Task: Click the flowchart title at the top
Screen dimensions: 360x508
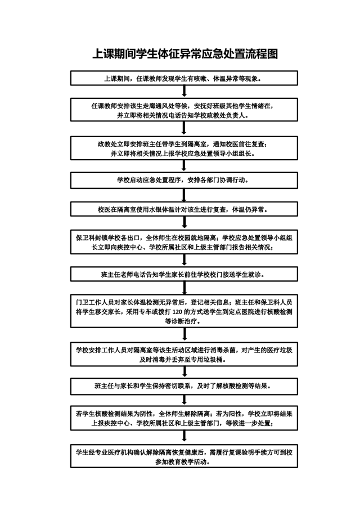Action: [x=185, y=54]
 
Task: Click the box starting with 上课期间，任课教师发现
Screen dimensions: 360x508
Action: [x=184, y=78]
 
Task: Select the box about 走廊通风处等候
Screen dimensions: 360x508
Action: [x=184, y=110]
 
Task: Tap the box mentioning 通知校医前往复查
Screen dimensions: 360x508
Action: [x=184, y=148]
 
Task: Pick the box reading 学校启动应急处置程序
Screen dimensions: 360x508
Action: [x=184, y=180]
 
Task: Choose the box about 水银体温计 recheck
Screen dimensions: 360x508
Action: [x=184, y=209]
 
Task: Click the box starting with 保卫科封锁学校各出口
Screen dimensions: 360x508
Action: [x=184, y=242]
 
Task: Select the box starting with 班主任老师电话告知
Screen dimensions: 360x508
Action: [x=184, y=274]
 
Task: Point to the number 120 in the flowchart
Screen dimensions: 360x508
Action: [x=177, y=312]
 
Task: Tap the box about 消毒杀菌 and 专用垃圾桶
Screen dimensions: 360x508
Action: [x=184, y=354]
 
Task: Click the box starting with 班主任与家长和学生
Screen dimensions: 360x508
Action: [x=184, y=386]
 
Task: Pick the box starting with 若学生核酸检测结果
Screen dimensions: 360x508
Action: [x=184, y=418]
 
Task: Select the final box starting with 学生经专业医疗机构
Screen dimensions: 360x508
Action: [x=184, y=456]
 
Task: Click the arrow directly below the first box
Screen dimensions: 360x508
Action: [x=184, y=92]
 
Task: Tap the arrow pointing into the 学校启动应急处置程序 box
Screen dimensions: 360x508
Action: [x=184, y=166]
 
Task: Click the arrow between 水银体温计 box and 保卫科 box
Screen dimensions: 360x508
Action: [x=184, y=223]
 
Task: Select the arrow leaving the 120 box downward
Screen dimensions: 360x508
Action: [x=184, y=334]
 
